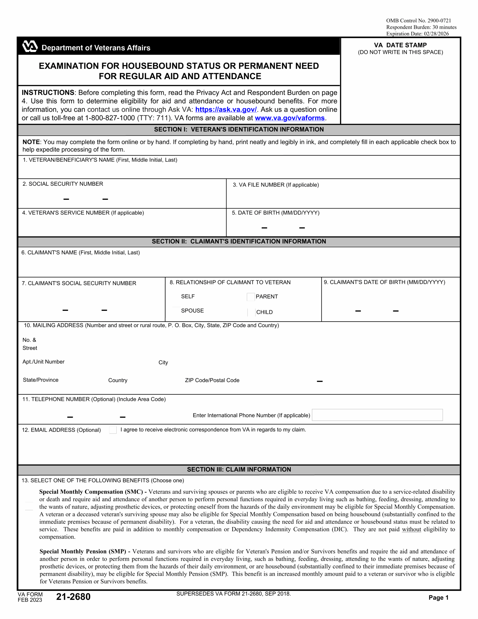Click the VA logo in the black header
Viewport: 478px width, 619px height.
coord(30,46)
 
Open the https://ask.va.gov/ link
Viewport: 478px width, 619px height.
coord(226,110)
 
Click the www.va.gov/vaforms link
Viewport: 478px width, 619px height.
coord(290,118)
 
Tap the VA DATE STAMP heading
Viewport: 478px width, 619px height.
coord(400,45)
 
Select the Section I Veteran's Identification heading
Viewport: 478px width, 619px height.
coord(239,130)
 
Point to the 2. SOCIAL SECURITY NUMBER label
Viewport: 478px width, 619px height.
coord(63,184)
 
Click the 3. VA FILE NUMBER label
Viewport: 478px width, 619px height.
coord(276,185)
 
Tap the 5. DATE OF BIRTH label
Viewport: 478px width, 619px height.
coord(275,213)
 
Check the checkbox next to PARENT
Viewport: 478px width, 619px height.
coord(251,297)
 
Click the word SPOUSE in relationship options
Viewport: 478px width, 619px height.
coord(192,311)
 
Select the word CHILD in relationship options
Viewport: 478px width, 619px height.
coord(264,312)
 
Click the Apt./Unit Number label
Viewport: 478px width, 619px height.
coord(43,362)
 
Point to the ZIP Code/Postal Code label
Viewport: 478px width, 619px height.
coord(212,380)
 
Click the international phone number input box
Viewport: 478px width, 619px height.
coord(377,415)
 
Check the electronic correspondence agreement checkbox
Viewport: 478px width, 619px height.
coord(113,430)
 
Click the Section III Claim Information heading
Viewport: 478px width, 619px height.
coord(239,469)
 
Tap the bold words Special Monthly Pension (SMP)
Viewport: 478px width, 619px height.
coord(83,551)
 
